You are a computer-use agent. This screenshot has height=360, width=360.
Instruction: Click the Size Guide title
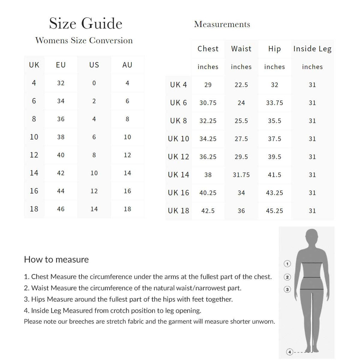click(85, 24)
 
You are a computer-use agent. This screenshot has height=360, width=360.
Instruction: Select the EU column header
click(61, 65)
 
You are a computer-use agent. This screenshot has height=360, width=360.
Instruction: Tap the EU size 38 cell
click(61, 137)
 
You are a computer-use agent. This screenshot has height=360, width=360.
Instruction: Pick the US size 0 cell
click(94, 83)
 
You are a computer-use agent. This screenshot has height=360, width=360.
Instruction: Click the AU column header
click(127, 65)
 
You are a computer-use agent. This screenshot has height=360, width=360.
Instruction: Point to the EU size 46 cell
click(61, 209)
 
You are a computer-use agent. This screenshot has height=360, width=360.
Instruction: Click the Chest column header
click(208, 49)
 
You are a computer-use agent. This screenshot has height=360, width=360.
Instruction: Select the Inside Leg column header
click(312, 49)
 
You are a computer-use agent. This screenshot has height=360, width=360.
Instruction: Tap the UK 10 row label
click(179, 139)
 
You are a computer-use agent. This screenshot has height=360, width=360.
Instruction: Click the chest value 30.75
click(208, 103)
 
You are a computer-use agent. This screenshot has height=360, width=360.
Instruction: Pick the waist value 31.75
click(241, 175)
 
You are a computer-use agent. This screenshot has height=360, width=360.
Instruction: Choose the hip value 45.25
click(275, 211)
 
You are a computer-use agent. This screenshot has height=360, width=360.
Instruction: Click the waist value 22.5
click(241, 85)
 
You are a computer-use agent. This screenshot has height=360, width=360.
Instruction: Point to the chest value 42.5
click(208, 211)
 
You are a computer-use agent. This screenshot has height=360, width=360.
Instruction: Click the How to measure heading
click(56, 260)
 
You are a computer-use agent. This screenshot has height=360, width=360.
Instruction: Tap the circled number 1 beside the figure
click(287, 264)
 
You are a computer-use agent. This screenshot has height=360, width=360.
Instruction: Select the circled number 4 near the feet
click(290, 352)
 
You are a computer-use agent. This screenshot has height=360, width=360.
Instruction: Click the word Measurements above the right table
click(222, 24)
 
